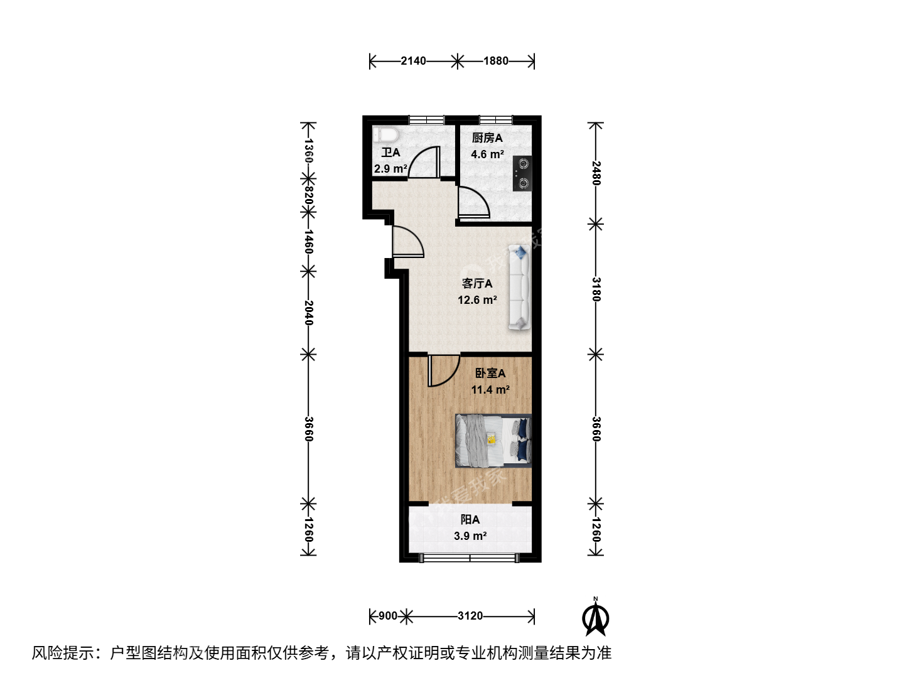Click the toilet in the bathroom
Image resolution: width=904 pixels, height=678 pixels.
coord(385,134)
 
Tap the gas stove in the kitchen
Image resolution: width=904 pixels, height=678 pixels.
coord(522,173)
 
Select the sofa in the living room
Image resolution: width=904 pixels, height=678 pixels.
coord(520,287)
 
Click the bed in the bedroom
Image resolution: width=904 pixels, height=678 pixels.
coord(493,441)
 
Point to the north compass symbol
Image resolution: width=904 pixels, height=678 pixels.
coord(596,619)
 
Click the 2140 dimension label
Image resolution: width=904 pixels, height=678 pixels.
coord(414,61)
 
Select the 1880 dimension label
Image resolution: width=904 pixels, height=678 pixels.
coord(496,61)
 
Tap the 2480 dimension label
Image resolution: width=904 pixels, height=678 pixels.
coord(596,173)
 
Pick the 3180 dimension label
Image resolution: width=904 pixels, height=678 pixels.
coord(596,289)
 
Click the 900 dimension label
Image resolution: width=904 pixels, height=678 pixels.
coord(388,616)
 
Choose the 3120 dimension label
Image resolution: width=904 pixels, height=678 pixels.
coord(470,616)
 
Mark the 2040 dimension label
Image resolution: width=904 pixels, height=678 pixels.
coord(308,313)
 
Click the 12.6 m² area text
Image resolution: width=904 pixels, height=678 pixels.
coord(477,299)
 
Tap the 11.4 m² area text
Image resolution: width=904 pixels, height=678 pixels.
coord(490,389)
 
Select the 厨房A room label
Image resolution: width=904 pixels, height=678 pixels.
coord(487,138)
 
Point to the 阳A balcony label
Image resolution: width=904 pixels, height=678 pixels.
coord(470,520)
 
